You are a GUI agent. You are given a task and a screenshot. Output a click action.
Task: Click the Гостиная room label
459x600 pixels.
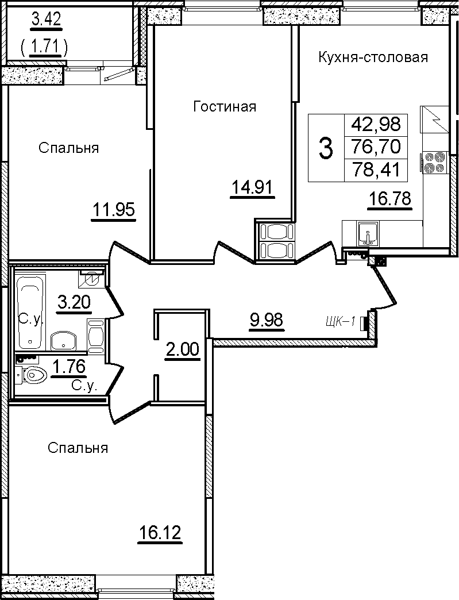[x=225, y=106]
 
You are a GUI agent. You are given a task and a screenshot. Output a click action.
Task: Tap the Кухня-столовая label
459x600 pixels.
[x=373, y=57]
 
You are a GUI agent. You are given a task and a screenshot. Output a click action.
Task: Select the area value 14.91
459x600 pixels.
[x=252, y=188]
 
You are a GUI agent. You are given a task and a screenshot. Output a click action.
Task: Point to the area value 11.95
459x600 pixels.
[x=114, y=210]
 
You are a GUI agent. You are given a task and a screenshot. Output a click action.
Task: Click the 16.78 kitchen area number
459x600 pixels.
[x=389, y=199]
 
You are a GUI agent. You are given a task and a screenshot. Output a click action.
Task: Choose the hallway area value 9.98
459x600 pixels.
[x=266, y=319]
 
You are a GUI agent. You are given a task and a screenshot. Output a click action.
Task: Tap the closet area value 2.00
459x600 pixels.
[x=182, y=349]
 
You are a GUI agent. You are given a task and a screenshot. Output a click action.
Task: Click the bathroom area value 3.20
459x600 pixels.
[x=74, y=302]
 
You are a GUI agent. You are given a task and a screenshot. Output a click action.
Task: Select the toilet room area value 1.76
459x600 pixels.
[x=68, y=367]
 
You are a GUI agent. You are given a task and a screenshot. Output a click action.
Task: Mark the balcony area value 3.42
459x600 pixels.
[x=46, y=20]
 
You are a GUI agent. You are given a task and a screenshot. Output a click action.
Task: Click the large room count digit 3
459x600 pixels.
[x=326, y=148]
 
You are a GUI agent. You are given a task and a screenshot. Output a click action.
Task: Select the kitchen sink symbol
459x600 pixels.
[x=368, y=234]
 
